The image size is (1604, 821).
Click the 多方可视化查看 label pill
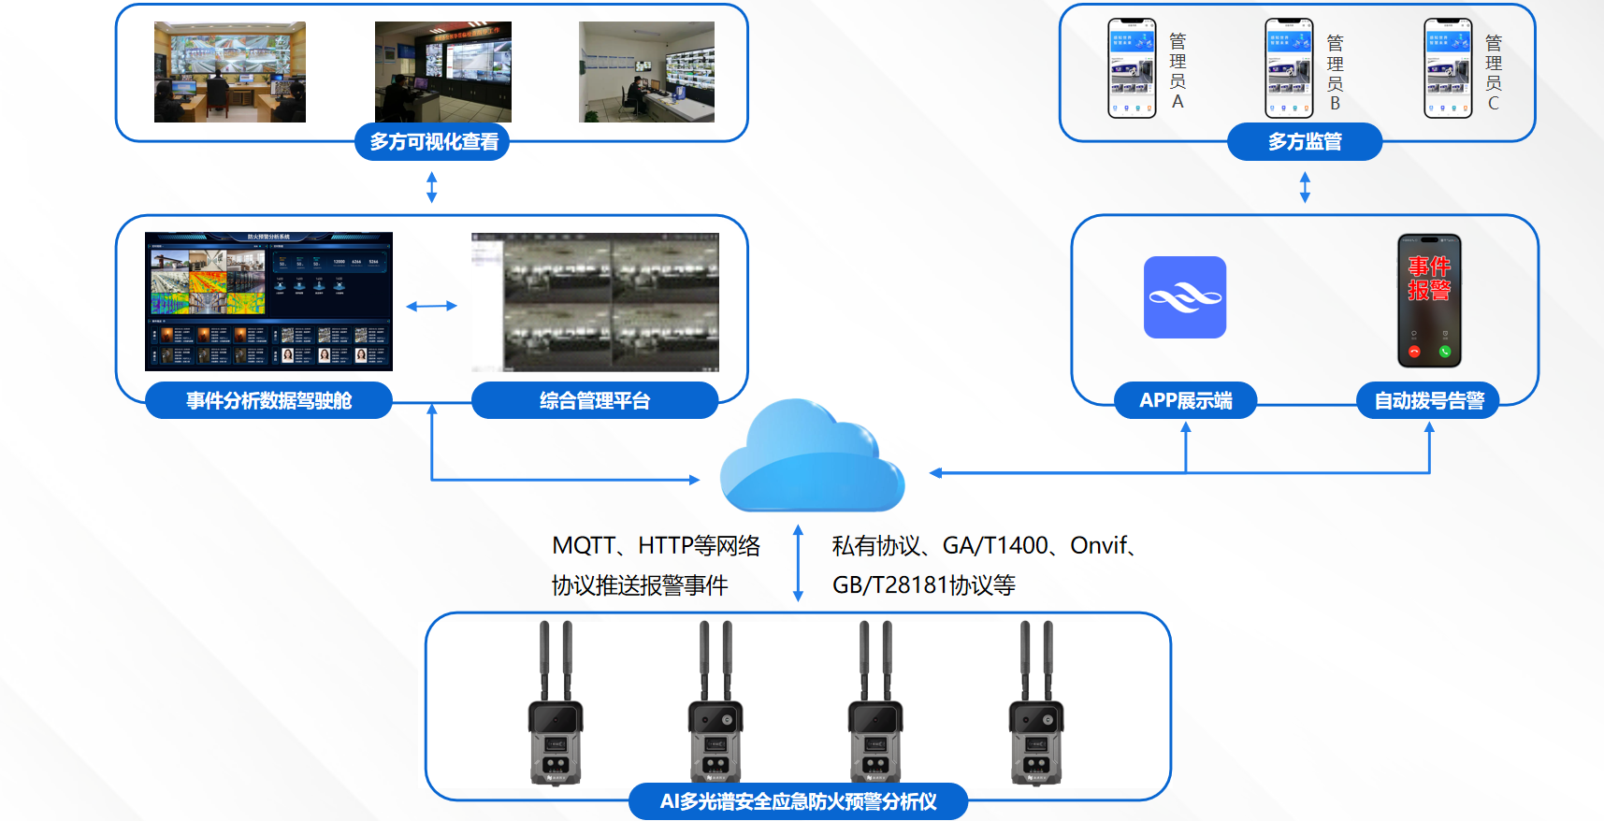(432, 142)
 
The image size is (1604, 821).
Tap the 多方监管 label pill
(1304, 142)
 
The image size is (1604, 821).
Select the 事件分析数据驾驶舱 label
(268, 400)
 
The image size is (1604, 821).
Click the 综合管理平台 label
(594, 400)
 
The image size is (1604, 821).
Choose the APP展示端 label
(1185, 400)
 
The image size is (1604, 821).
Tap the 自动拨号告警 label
(1428, 400)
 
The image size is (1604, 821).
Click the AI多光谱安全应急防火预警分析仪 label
(798, 801)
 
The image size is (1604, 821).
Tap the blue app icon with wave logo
(1184, 297)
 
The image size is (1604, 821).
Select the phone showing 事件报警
(1429, 300)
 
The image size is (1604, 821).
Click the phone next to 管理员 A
(1132, 68)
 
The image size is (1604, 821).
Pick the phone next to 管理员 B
(1289, 68)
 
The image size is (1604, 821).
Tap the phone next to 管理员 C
(1448, 68)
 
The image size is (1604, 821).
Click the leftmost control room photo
(229, 72)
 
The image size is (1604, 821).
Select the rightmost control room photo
(646, 72)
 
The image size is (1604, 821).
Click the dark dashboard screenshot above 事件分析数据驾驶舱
(268, 301)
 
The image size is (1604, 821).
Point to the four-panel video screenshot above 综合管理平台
(595, 301)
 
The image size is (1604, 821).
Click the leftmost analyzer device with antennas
(556, 711)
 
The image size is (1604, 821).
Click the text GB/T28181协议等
(923, 585)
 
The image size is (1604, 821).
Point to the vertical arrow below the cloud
(798, 562)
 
